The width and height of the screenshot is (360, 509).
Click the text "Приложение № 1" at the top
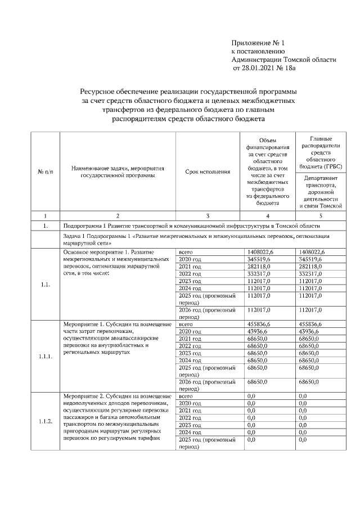point(258,43)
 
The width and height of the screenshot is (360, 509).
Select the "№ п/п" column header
point(44,172)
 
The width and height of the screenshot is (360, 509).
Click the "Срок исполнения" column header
point(208,172)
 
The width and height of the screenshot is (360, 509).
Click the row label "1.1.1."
point(45,357)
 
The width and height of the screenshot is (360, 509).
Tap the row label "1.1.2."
point(45,421)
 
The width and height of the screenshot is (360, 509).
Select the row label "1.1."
point(45,285)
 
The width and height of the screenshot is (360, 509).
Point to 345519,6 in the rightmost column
point(311,259)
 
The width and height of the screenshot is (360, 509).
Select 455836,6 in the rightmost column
point(311,325)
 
